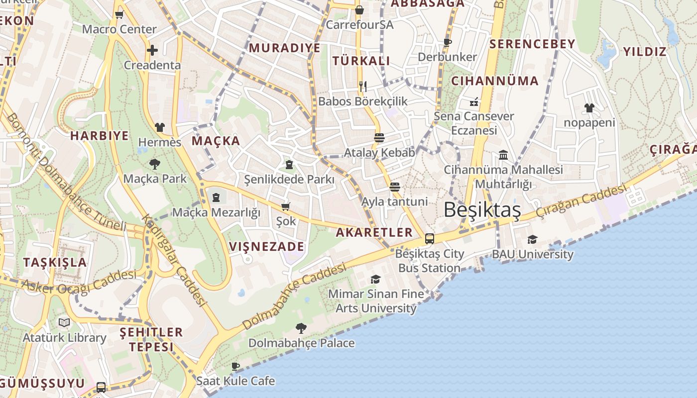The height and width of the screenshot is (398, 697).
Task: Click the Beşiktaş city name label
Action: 482,210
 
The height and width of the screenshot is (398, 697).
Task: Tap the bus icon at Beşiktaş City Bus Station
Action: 430,238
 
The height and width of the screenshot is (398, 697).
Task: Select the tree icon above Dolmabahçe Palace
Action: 301,328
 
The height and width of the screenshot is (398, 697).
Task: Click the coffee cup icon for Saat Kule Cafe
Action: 235,367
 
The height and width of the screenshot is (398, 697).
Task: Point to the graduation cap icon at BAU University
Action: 532,239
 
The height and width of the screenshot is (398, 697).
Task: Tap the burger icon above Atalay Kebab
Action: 379,137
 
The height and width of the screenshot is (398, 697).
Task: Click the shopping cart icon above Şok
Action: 286,206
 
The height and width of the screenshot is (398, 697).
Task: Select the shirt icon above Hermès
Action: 159,127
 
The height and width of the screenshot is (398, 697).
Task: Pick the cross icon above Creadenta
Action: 152,50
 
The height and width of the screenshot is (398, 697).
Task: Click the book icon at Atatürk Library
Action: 64,322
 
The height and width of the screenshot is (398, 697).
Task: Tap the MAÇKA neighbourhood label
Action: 216,141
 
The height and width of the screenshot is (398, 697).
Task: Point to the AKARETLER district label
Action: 374,232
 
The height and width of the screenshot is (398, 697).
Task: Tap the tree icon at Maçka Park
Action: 155,164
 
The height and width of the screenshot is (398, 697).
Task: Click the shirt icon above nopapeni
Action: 589,107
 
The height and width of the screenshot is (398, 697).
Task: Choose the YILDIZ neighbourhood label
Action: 645,52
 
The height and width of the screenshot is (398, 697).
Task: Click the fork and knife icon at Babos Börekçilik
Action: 363,86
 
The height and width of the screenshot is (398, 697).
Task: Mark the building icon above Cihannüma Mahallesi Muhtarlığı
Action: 503,155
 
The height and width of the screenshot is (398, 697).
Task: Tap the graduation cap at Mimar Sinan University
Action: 376,279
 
